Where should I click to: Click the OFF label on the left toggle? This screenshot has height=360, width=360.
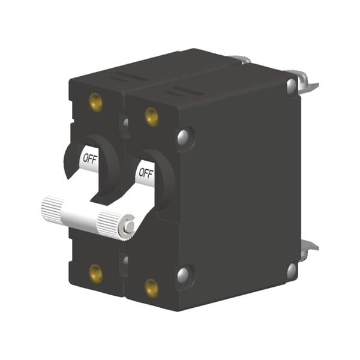click(90, 158)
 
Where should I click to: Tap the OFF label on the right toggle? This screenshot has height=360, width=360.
click(146, 173)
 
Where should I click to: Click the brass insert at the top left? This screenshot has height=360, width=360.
click(96, 102)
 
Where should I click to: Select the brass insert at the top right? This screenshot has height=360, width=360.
click(152, 117)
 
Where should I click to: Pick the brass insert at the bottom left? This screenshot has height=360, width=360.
click(96, 273)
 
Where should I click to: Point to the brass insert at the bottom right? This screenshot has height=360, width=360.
click(152, 288)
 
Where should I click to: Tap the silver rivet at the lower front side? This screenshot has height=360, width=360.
click(183, 275)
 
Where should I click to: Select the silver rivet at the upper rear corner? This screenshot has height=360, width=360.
click(292, 85)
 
